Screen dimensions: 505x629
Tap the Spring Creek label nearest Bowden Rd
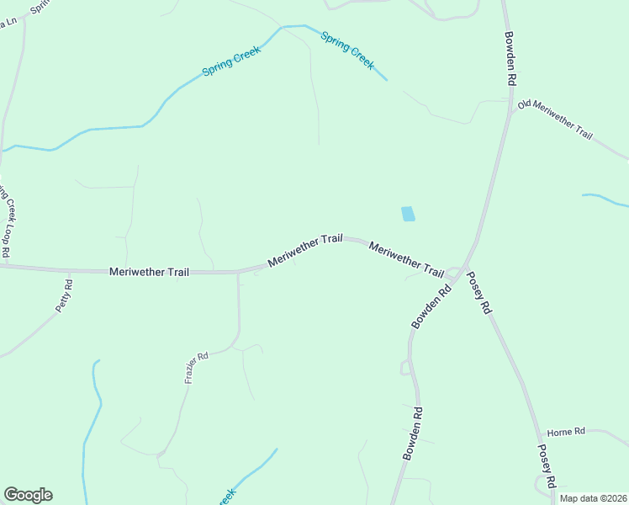click(x=347, y=50)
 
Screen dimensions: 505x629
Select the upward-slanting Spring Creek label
click(x=231, y=61)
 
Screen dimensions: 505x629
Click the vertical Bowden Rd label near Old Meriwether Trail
click(x=510, y=58)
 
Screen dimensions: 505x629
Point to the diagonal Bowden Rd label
click(x=431, y=306)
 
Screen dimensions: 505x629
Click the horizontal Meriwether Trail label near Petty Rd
click(x=149, y=272)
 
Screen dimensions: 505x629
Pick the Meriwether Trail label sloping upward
click(x=305, y=251)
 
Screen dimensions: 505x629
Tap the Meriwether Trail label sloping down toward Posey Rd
click(x=406, y=259)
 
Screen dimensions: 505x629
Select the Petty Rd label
click(x=65, y=296)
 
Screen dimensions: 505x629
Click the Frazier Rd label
click(x=196, y=369)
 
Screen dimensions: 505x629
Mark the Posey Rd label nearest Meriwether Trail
click(x=478, y=293)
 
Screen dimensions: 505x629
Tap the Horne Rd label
click(x=565, y=432)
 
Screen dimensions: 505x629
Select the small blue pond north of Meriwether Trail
click(x=408, y=214)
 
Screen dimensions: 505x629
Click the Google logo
click(x=28, y=495)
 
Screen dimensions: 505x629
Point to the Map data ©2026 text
click(x=594, y=498)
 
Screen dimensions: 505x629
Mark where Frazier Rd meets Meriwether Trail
click(x=239, y=273)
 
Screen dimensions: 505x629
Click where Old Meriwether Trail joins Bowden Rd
click(x=511, y=110)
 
